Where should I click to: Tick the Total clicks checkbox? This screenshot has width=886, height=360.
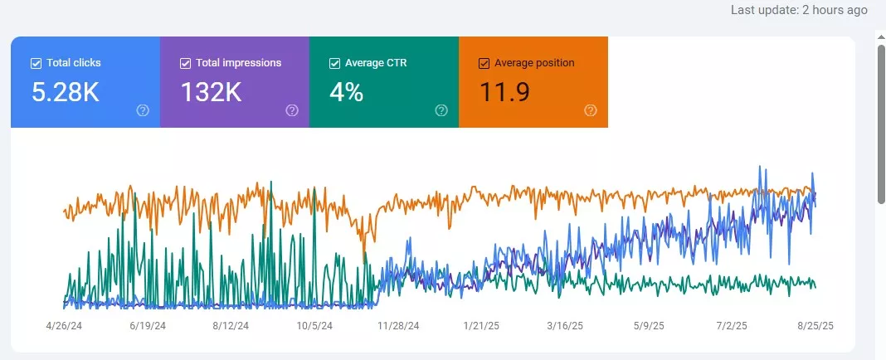[x=36, y=63]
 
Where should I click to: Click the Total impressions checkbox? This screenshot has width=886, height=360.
[x=185, y=63]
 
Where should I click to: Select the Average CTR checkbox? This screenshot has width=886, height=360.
[x=334, y=63]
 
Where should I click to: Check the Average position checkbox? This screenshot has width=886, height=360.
[x=484, y=63]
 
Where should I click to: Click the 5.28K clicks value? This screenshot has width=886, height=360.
[x=66, y=93]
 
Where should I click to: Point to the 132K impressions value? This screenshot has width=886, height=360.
[x=211, y=93]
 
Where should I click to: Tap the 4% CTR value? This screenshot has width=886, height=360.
[x=347, y=93]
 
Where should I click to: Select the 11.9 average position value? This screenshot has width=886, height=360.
[x=504, y=93]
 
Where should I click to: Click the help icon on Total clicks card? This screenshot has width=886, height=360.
[x=143, y=110]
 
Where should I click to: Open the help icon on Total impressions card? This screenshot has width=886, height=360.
[x=292, y=110]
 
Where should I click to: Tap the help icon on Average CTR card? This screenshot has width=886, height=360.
[x=441, y=110]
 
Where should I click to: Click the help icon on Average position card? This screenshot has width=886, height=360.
[x=591, y=110]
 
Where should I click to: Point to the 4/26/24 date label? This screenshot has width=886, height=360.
[x=65, y=327]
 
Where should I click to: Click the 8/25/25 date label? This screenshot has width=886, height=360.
[x=815, y=327]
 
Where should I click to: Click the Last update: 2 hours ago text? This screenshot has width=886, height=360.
[x=799, y=10]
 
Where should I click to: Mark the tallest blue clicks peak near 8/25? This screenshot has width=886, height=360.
[x=758, y=167]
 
